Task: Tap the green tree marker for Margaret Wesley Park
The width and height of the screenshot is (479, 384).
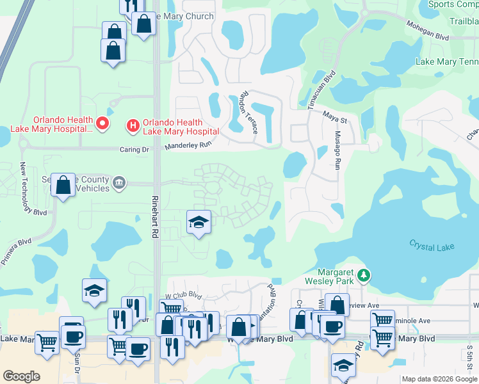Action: (364, 275)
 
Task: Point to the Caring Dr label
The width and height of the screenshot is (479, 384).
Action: (134, 149)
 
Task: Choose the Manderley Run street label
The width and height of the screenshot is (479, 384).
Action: (188, 145)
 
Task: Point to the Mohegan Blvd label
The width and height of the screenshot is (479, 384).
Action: (425, 29)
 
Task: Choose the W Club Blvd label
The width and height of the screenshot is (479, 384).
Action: (184, 296)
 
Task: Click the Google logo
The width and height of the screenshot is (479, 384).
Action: (22, 376)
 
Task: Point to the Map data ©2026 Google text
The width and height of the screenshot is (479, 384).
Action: (439, 379)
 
